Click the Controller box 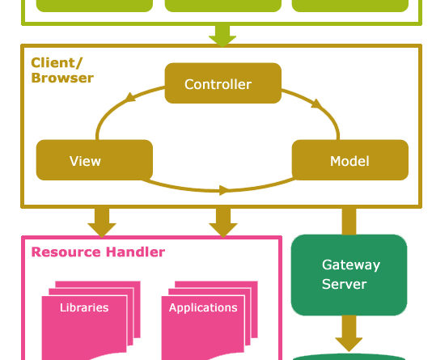pos(223,83)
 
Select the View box pos(95,160)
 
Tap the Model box pos(350,160)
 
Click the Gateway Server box pos(349,275)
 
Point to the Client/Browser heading pos(62,70)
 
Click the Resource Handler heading pos(98,252)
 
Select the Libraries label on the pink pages pos(84,307)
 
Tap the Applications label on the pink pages pos(203,307)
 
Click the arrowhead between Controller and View pos(130,98)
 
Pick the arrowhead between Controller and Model pos(316,104)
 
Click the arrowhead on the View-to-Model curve pos(224,190)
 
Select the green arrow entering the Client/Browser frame pos(222,36)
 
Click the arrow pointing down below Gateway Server pos(349,333)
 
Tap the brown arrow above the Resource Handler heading pos(102,222)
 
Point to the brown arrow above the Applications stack pos(223,222)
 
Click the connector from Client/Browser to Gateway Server pos(349,221)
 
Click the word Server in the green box pos(344,284)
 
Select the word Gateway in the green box pos(351,265)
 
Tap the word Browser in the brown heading pos(62,78)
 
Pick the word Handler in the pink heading pos(135,252)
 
